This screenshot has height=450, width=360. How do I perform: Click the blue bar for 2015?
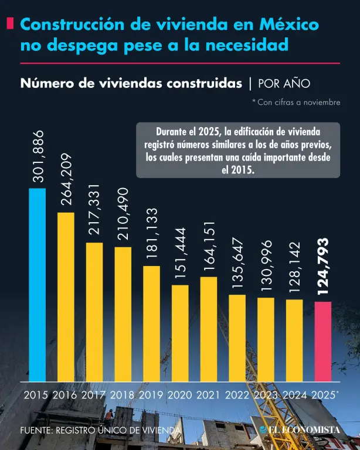point(37,284)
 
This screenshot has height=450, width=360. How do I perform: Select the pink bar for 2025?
point(323,341)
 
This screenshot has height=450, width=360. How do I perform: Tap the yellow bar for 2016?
point(66,296)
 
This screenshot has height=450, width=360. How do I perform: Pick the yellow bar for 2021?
point(209,328)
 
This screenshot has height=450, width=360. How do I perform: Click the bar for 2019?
point(151,323)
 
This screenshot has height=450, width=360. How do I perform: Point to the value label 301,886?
point(38,158)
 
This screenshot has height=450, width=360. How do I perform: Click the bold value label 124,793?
point(323,267)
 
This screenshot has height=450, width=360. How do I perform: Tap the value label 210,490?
point(123,214)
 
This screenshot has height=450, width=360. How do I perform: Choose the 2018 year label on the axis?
point(123,395)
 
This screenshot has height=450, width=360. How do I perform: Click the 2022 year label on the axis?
point(237,395)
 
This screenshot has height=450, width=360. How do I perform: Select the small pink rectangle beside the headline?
point(10,24)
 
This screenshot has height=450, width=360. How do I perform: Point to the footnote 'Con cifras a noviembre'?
point(296,103)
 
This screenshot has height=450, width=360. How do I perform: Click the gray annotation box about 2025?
point(238,149)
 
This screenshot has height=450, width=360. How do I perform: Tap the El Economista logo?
point(300,430)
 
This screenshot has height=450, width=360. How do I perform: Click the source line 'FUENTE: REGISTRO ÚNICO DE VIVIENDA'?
point(100,431)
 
